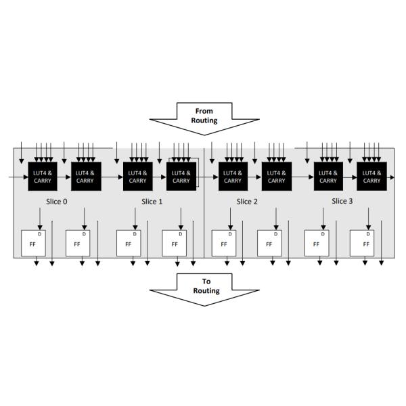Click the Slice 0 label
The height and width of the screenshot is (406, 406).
57,202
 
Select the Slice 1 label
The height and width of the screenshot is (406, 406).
152,202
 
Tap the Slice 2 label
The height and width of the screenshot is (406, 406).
247,202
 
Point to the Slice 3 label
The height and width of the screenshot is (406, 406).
342,201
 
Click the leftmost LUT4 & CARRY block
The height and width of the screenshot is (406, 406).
42,177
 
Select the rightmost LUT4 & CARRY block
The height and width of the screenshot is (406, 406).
371,177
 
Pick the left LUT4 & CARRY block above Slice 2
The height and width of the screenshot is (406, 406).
233,177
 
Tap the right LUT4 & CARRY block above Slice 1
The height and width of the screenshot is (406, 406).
181,177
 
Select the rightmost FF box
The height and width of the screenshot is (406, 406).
362,243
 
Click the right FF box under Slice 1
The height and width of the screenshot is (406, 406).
174,243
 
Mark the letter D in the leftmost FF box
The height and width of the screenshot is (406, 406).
39,234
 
